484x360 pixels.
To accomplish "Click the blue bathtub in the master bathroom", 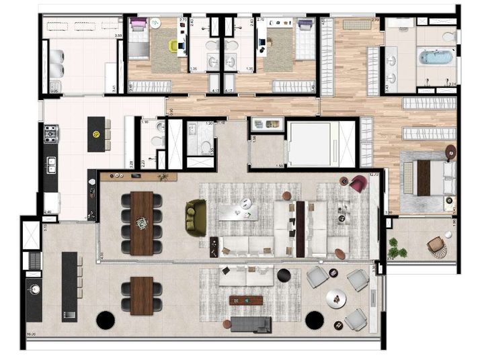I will pyautogui.click(x=436, y=57).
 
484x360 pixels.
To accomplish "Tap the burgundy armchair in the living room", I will pyautogui.click(x=358, y=183).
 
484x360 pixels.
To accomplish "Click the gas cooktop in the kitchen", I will pyautogui.click(x=50, y=134).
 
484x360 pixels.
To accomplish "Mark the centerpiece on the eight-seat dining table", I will pyautogui.click(x=142, y=222).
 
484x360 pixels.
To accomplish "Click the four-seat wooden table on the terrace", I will pyautogui.click(x=142, y=296).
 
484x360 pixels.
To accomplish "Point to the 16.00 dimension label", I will pyautogui.click(x=30, y=334).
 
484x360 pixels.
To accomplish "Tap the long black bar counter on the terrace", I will pyautogui.click(x=68, y=286).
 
